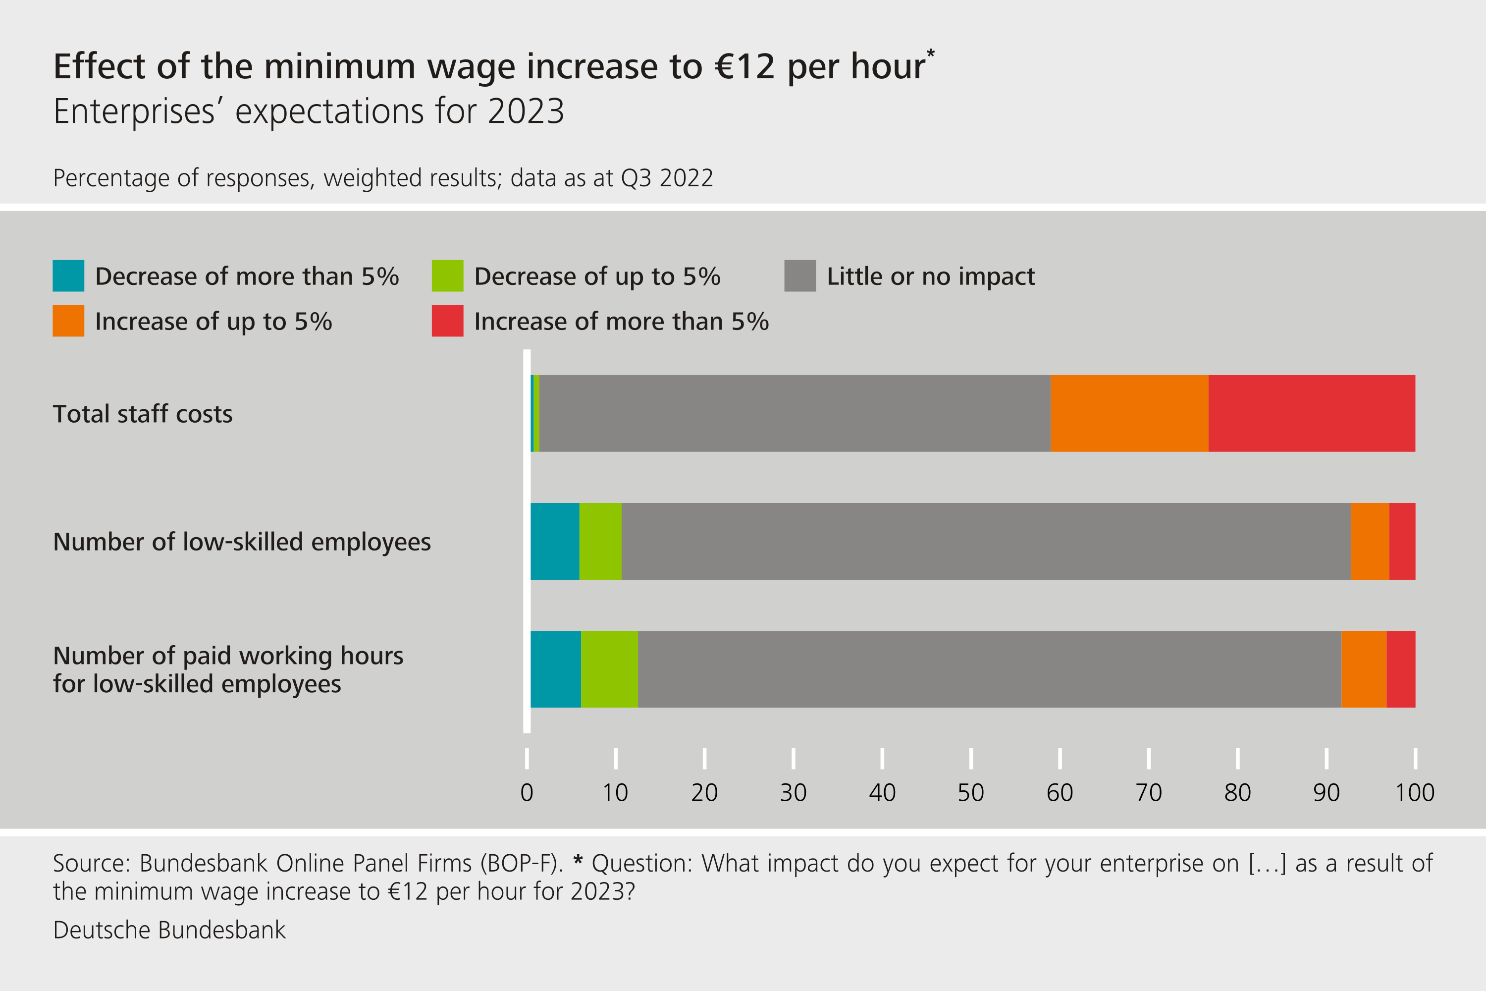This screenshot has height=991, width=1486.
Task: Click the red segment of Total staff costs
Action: pos(1312,413)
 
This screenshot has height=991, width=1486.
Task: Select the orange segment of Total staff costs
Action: pos(1129,413)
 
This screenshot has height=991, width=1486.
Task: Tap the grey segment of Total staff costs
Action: pos(794,413)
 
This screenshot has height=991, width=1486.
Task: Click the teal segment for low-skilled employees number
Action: pos(555,541)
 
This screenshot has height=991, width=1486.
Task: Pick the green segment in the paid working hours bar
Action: pos(609,668)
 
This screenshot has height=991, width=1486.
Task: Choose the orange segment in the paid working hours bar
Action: pos(1364,668)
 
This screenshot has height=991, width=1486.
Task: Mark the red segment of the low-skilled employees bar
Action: pos(1402,541)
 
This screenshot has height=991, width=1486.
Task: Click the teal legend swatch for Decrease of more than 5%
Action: pos(68,275)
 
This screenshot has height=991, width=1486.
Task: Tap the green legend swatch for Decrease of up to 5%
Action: pos(447,275)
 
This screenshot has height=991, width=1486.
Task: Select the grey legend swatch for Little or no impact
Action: pos(800,275)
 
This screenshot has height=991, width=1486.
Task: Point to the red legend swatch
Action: pos(447,321)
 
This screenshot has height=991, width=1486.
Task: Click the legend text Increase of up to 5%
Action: pos(213,322)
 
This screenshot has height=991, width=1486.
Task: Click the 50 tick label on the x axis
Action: pos(970,792)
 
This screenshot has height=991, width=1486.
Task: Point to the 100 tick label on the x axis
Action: pos(1415,792)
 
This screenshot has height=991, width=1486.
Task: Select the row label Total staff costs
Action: pos(143,414)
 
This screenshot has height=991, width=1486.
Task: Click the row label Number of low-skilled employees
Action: pos(242,542)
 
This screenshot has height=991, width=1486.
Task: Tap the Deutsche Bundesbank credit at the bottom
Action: pos(169,930)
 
